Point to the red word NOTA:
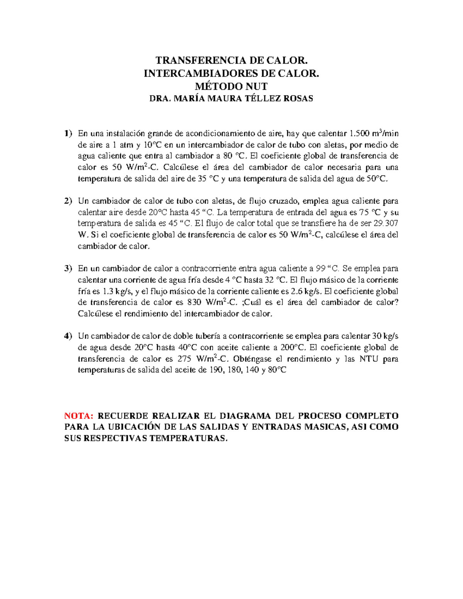coord(79,416)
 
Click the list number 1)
coord(68,133)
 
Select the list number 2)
coord(68,201)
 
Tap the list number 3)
coord(68,268)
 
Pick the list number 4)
coord(68,336)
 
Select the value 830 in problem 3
coord(194,302)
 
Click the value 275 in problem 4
coord(184,359)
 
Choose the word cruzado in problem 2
coord(285,201)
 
